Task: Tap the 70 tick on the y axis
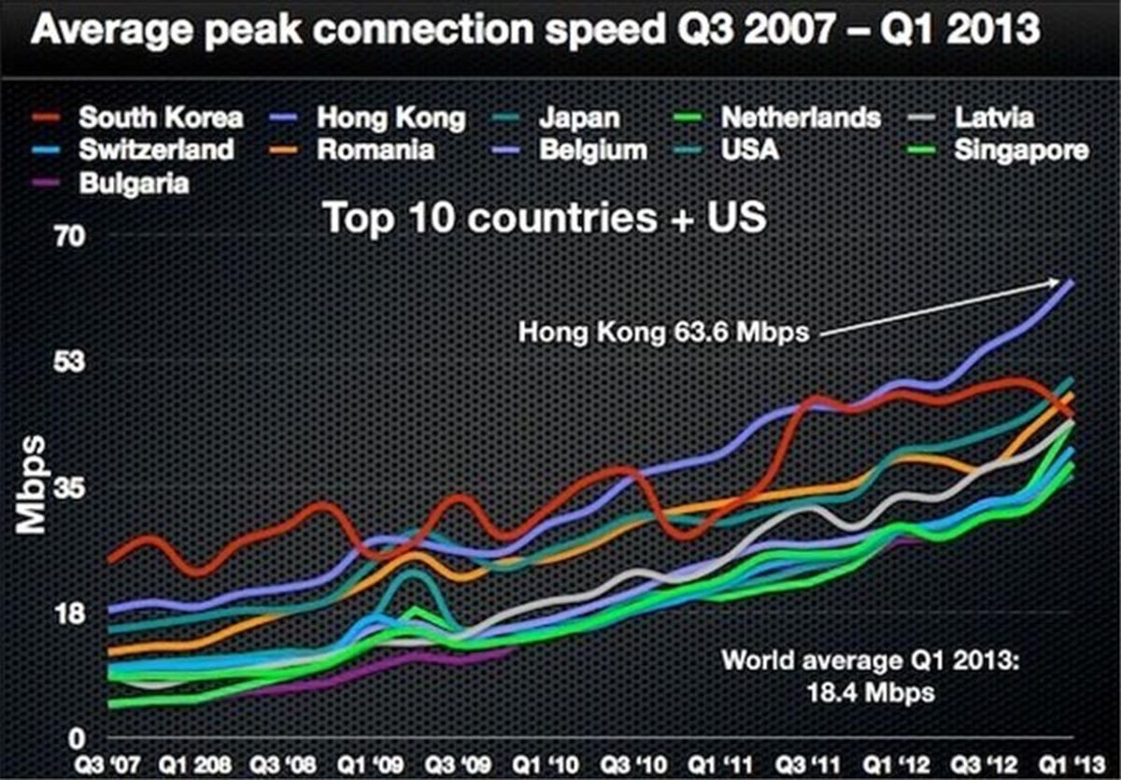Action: point(49,237)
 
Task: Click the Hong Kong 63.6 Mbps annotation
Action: point(662,332)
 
